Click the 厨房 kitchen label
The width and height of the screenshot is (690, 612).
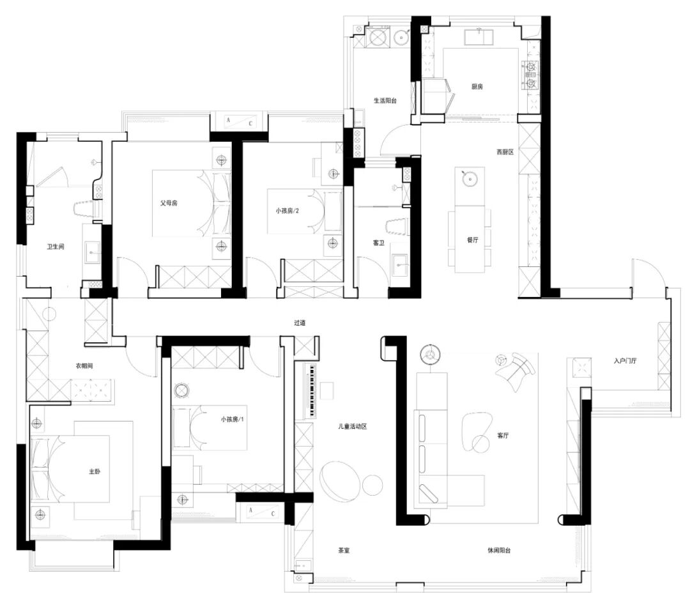477,87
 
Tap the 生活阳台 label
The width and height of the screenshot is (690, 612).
385,100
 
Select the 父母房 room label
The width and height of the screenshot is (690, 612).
169,203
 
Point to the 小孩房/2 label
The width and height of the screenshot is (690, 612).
287,211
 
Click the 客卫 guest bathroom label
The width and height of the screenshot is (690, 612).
378,242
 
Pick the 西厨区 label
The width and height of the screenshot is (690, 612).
505,152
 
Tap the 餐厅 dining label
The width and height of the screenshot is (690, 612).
472,240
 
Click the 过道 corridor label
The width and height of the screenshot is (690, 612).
300,323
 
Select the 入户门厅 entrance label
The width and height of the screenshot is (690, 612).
625,361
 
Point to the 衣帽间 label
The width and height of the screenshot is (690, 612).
84,365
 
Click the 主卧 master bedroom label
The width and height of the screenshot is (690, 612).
95,471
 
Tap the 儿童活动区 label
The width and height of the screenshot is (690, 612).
353,426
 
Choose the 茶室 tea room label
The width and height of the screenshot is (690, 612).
344,551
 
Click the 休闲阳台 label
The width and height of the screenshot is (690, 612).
499,551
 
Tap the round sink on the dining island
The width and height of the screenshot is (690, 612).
470,179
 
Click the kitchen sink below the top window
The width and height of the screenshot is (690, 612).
479,36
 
